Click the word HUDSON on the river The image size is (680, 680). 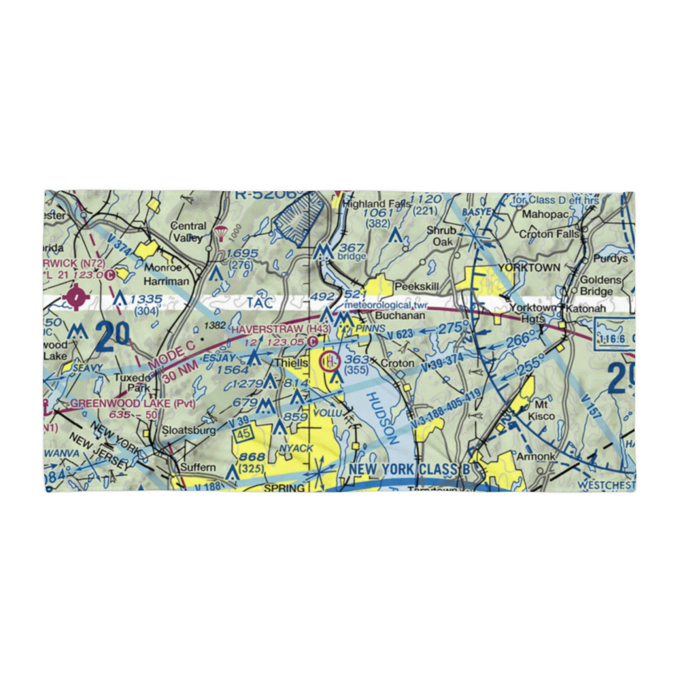tap(381, 419)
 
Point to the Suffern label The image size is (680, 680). tap(197, 467)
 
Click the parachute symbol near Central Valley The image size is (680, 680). tap(220, 233)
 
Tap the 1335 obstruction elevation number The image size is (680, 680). tap(146, 298)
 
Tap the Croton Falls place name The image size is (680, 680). tap(549, 234)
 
